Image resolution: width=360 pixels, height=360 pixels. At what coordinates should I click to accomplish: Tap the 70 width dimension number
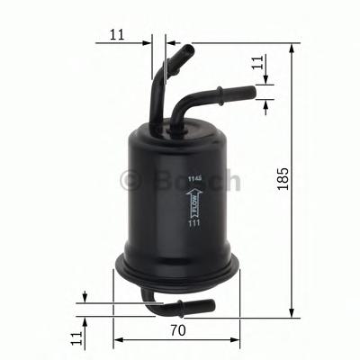[x=178, y=330]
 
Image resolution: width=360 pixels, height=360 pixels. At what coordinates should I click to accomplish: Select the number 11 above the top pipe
[x=115, y=35]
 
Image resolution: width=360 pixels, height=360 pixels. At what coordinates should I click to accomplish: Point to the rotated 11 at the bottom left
[x=77, y=338]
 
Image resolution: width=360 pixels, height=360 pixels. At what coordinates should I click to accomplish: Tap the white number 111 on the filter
[x=193, y=236]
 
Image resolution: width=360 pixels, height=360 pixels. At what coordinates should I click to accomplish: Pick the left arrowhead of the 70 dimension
[x=118, y=341]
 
